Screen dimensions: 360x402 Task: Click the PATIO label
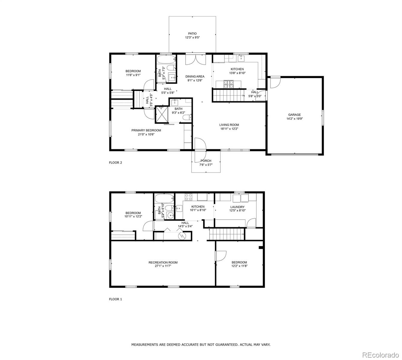pyautogui.click(x=192, y=34)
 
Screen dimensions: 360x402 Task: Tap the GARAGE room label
pyautogui.click(x=294, y=115)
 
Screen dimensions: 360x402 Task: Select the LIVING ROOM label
pyautogui.click(x=229, y=125)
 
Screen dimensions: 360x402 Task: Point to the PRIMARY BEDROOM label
pyautogui.click(x=146, y=130)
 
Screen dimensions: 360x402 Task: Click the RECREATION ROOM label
pyautogui.click(x=163, y=262)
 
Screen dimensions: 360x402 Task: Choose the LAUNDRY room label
pyautogui.click(x=237, y=207)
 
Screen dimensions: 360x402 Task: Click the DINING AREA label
pyautogui.click(x=195, y=76)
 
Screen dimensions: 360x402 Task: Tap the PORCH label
pyautogui.click(x=206, y=161)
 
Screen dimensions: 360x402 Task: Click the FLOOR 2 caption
pyautogui.click(x=115, y=163)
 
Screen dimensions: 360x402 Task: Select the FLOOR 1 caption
pyautogui.click(x=115, y=299)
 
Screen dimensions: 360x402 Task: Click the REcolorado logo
pyautogui.click(x=380, y=355)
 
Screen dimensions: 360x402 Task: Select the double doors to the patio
pyautogui.click(x=195, y=59)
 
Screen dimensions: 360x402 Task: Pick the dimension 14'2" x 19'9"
pyautogui.click(x=294, y=119)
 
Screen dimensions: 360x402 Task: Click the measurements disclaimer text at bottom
pyautogui.click(x=201, y=345)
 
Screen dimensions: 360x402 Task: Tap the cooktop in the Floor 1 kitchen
pyautogui.click(x=189, y=197)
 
